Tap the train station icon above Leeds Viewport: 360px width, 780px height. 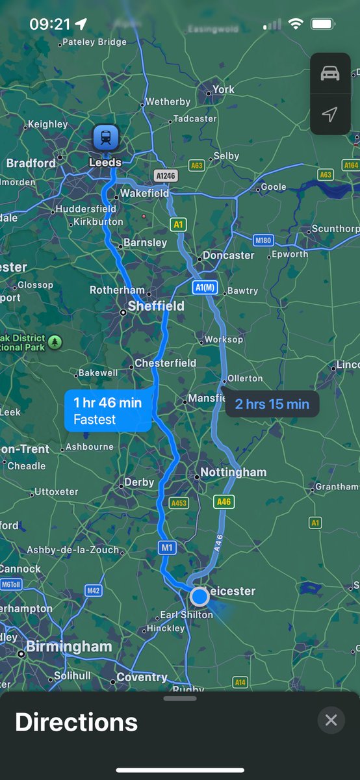point(105,137)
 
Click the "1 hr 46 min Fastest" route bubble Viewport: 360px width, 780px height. point(108,411)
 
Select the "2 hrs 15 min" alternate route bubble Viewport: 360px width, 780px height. point(272,404)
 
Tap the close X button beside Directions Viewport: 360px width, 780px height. point(331,720)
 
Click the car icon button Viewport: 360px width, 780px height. point(330,73)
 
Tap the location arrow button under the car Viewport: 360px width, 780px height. point(330,115)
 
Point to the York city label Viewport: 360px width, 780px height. point(224,90)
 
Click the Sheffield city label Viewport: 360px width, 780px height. point(156,306)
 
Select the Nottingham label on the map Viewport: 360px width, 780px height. point(233,473)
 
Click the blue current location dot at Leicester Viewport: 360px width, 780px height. point(199,596)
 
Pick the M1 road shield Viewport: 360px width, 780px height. point(168,548)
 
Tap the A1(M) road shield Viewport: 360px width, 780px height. point(205,287)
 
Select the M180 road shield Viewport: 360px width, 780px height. point(263,240)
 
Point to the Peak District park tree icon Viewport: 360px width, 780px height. point(55,342)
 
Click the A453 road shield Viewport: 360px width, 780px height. point(179,503)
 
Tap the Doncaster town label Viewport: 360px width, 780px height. point(229,255)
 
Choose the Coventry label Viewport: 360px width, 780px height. point(142,677)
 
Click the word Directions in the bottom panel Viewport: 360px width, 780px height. point(76,722)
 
